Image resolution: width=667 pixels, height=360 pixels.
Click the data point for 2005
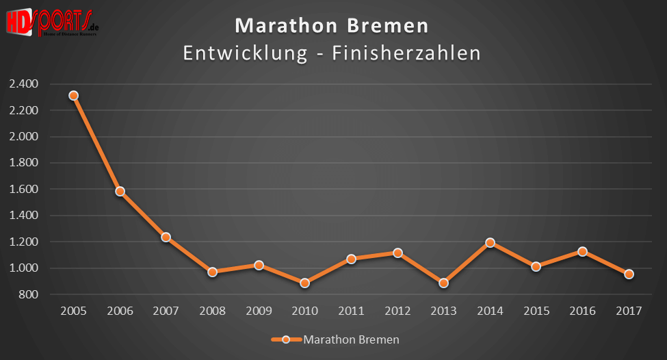tap(73, 96)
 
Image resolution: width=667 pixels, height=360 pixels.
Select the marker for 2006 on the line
tap(120, 192)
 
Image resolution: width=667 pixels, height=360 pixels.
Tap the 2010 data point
tap(305, 283)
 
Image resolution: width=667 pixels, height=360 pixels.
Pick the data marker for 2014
tap(490, 243)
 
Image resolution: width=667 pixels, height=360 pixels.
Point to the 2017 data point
tap(629, 274)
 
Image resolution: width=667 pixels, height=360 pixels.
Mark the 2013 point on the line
tap(443, 283)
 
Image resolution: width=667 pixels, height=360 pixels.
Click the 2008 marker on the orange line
tap(212, 272)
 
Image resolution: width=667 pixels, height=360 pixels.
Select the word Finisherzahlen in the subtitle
tap(406, 53)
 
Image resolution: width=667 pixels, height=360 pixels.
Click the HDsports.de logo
tap(51, 23)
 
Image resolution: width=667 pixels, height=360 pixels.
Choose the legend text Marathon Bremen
tap(351, 339)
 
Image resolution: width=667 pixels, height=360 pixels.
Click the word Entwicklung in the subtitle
tap(245, 53)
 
